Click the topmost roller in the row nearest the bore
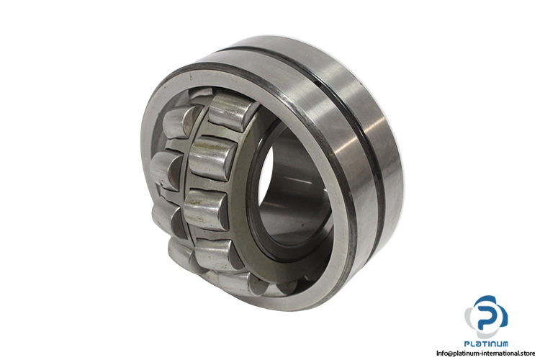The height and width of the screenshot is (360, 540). point(233,112)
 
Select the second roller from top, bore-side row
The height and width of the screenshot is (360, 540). point(213,158)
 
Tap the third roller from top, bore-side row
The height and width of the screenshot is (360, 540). point(206,210)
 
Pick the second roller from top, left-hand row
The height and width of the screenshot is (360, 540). point(167,171)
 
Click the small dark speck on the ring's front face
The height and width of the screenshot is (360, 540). point(190,78)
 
